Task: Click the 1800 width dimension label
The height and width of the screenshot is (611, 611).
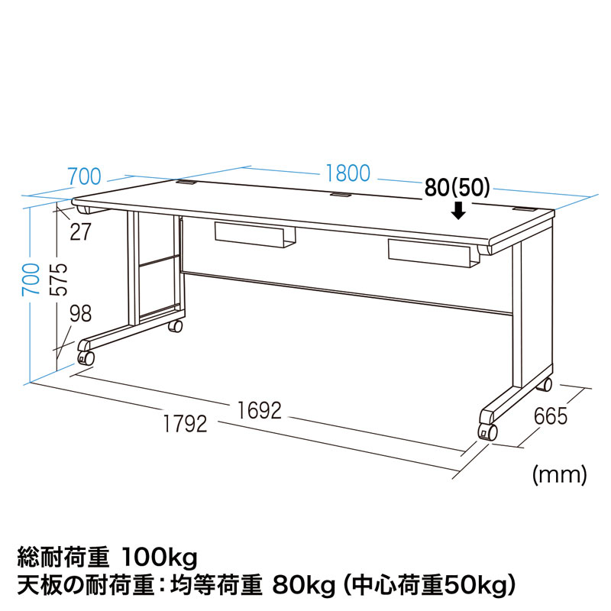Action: point(348,173)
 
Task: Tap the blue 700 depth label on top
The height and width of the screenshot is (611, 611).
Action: point(85,176)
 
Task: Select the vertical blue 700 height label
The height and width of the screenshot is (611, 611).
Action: point(31,279)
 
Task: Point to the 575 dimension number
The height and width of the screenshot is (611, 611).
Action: point(59,280)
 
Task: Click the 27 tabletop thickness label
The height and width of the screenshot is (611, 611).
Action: point(81,231)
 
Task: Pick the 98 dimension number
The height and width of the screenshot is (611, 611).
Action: point(81,313)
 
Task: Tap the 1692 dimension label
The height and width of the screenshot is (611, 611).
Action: point(259,411)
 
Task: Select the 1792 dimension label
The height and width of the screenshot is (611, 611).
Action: point(185,424)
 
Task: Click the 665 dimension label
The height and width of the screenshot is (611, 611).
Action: point(551,416)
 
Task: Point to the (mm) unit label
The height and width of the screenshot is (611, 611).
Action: point(560,474)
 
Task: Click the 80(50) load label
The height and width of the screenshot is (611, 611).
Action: point(457,188)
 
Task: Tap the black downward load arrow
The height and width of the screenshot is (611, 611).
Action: point(460,211)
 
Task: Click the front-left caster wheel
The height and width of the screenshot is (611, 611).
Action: point(86,357)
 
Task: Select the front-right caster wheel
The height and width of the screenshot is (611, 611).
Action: point(487,432)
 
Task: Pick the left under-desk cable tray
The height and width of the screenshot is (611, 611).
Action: point(255,234)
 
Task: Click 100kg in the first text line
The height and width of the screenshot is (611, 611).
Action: point(160,558)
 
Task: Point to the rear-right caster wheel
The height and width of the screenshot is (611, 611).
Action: point(545,385)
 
